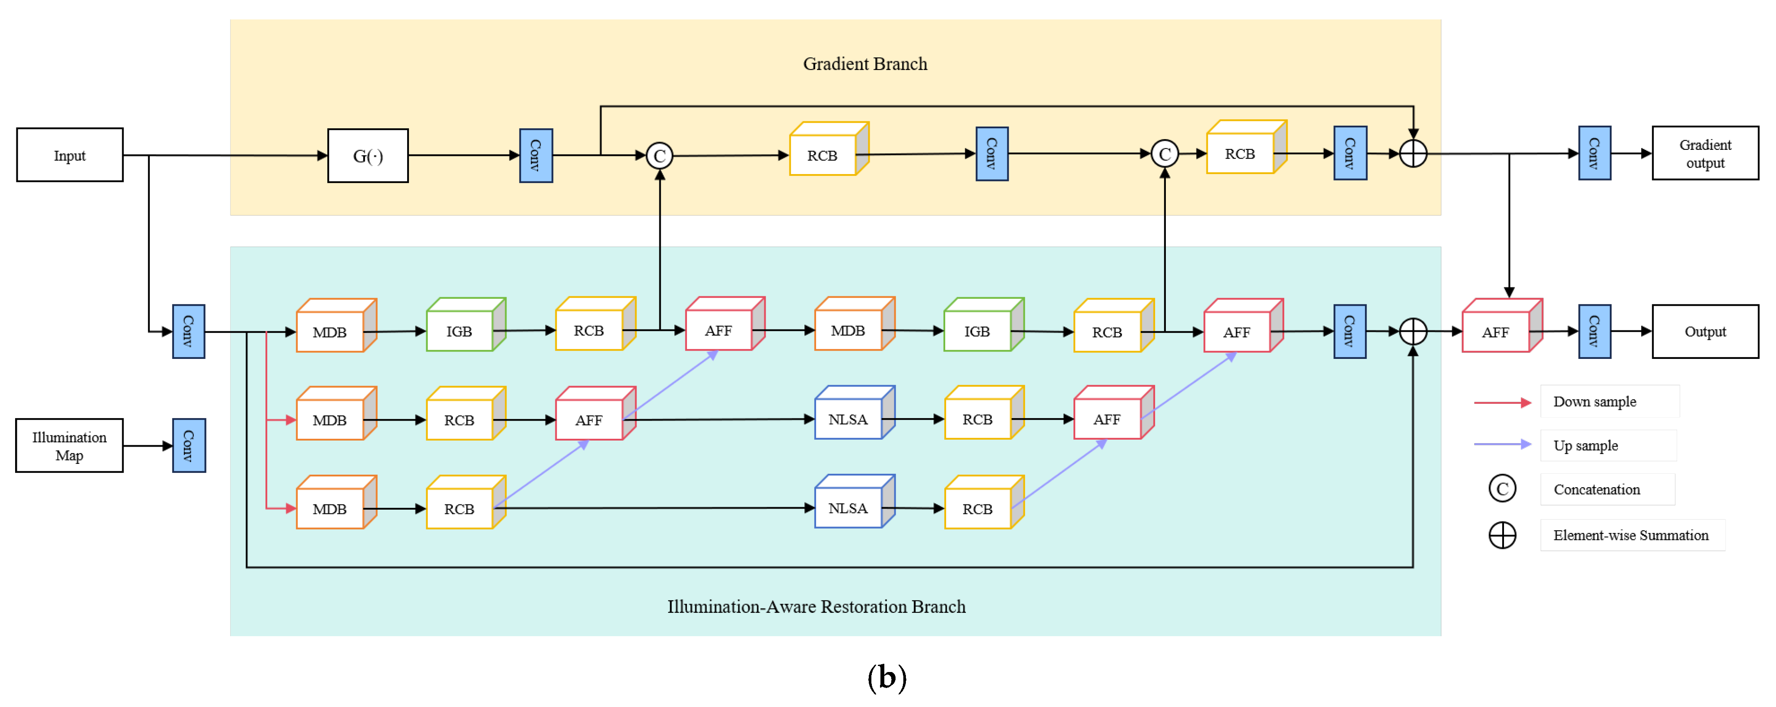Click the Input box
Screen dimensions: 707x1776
(70, 155)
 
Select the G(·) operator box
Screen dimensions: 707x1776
(367, 156)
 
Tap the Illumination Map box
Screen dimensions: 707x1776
(69, 446)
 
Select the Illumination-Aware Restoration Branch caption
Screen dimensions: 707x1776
(816, 606)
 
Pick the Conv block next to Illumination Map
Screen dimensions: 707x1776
(188, 446)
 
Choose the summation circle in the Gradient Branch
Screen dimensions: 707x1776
(1413, 154)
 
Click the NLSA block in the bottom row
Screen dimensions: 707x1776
(848, 508)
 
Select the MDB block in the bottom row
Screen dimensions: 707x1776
(329, 509)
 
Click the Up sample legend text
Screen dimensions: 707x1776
(1585, 446)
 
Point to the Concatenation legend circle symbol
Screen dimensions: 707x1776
(1502, 489)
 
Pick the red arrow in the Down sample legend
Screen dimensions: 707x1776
(1502, 402)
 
